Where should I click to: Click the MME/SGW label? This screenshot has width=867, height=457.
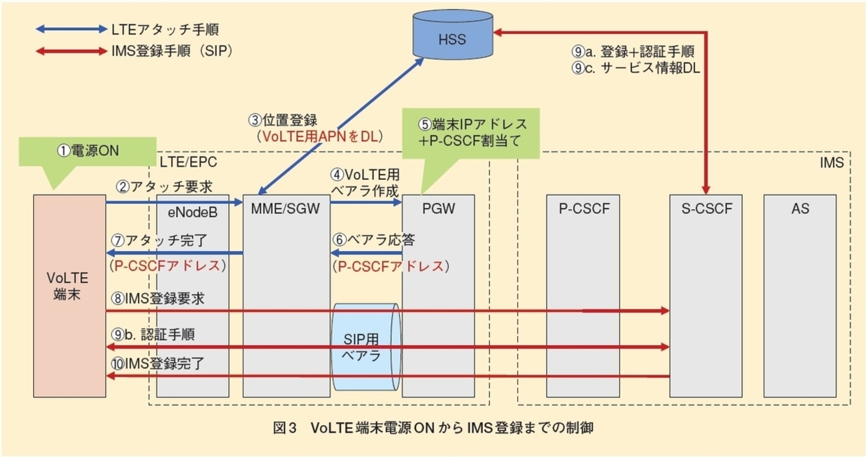[285, 210]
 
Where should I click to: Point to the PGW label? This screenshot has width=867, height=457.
[438, 210]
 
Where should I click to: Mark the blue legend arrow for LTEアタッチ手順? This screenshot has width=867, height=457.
[69, 29]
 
